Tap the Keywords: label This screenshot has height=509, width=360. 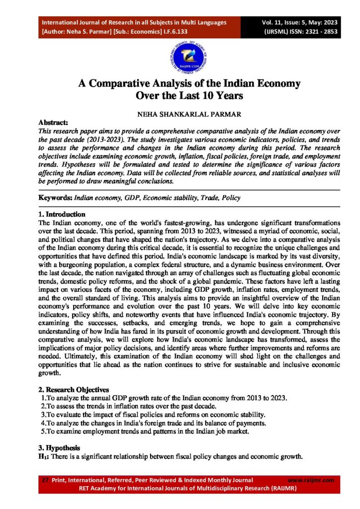click(56, 198)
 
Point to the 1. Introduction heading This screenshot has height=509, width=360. click(61, 214)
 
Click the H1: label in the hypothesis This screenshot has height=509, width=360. click(45, 456)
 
